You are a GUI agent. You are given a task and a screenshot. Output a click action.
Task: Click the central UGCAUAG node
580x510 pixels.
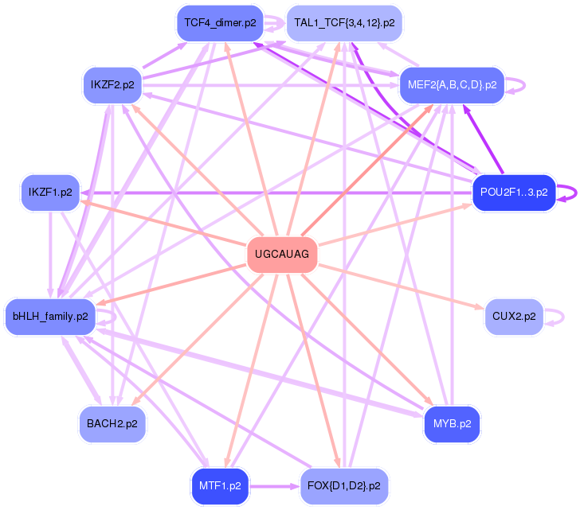pos(283,255)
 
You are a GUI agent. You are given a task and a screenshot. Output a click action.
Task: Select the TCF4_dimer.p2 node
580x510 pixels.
pos(220,23)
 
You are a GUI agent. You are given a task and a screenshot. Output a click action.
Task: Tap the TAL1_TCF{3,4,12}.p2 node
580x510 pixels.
pos(344,23)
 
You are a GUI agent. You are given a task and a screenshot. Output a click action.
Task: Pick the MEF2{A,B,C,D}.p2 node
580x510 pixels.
pos(452,84)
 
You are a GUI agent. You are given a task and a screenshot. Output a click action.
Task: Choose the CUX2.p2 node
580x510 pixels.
pos(513,317)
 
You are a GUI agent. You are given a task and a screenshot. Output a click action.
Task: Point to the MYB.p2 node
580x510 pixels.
pos(452,422)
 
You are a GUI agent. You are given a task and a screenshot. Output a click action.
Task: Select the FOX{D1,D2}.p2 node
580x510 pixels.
pos(344,484)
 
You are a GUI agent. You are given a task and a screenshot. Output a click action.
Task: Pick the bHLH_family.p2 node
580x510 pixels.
pos(50,317)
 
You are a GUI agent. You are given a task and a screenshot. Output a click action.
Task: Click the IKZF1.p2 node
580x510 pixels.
pos(50,193)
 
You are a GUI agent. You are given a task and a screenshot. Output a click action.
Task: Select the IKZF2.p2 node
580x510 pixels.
pos(112,84)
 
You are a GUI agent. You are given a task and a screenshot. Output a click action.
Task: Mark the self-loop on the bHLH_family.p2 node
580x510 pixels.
pos(115,317)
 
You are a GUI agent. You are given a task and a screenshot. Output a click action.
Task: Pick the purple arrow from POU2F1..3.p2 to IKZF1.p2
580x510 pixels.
pos(279,193)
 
